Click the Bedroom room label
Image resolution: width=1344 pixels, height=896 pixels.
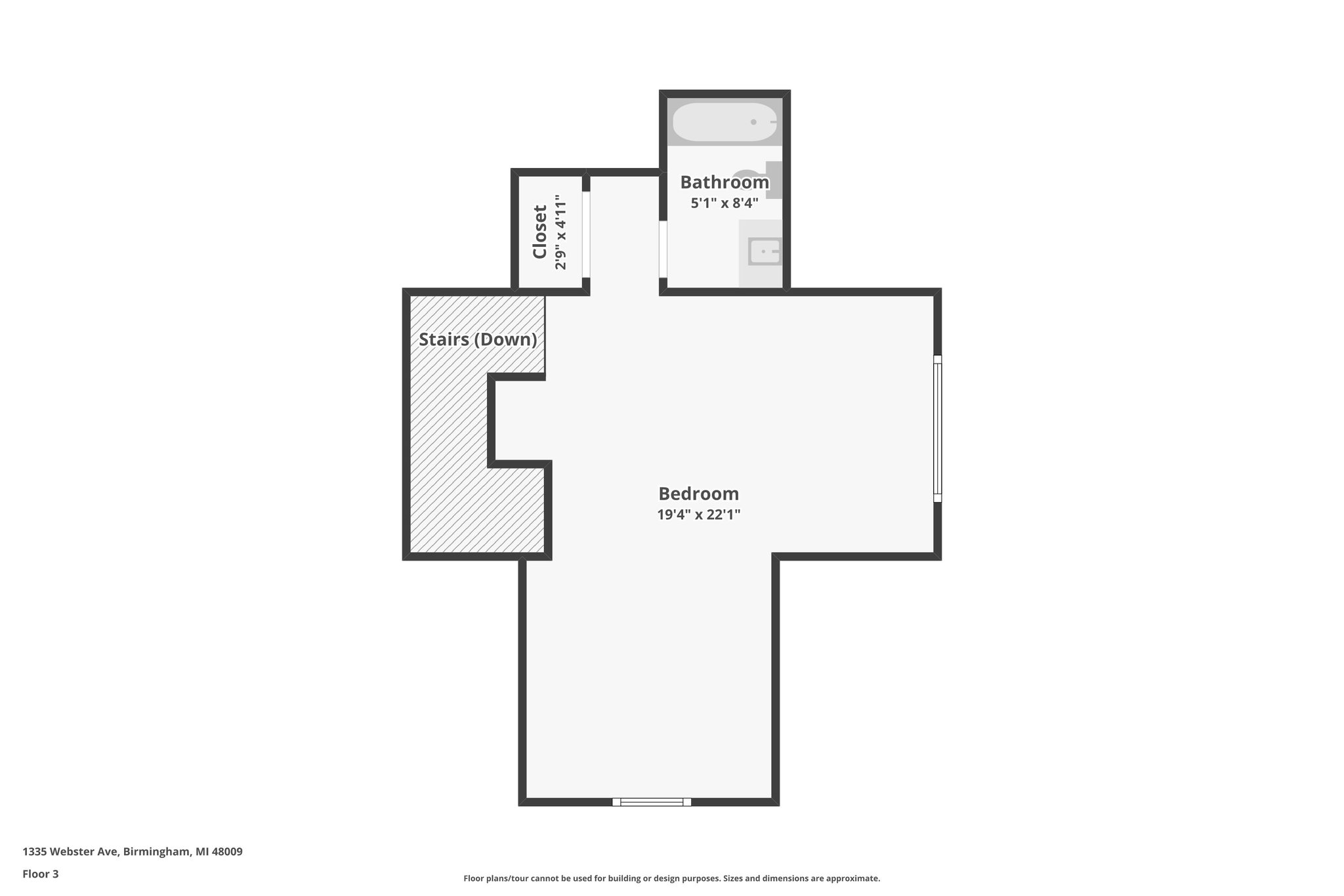[x=698, y=494]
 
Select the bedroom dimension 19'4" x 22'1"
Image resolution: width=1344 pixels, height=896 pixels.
[x=698, y=515]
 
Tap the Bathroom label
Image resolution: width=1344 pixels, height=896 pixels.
[x=724, y=182]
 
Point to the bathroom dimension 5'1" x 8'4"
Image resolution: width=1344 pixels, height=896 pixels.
[x=724, y=203]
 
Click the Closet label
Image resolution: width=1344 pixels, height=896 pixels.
[x=539, y=232]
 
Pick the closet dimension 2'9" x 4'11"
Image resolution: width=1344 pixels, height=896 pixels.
[x=560, y=232]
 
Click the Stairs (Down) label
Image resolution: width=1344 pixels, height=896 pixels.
[x=477, y=339]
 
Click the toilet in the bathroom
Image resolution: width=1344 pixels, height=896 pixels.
[x=768, y=179]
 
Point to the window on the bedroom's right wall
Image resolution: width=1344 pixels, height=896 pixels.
[x=937, y=428]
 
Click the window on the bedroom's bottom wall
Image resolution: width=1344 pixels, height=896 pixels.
[x=651, y=801]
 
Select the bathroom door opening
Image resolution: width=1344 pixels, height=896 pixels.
[x=663, y=249]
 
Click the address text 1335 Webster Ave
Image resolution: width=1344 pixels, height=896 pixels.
[x=70, y=851]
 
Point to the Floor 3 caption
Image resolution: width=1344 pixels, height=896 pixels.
[x=40, y=874]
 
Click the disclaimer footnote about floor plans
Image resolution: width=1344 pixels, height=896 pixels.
[x=671, y=878]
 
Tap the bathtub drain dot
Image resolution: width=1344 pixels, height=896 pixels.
[x=753, y=122]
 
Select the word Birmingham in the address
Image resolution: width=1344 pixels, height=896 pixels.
[x=157, y=851]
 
